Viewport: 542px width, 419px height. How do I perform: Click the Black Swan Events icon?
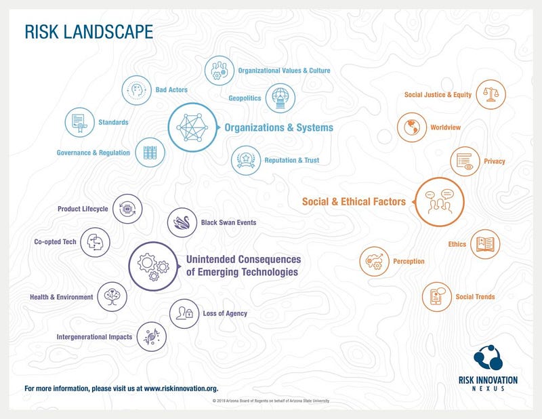(x=182, y=222)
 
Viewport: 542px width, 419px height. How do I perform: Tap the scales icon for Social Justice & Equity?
(x=491, y=94)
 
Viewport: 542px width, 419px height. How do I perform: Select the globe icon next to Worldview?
(x=412, y=127)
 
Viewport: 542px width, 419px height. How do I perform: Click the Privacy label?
(x=495, y=161)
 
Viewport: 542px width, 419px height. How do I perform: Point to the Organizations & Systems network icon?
(x=192, y=127)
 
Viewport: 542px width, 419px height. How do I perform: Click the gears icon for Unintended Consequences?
(x=154, y=266)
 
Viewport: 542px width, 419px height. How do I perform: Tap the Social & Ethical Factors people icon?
(x=439, y=202)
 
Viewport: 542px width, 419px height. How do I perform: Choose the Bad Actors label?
(x=171, y=89)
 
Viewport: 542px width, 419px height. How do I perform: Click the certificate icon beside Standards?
(x=79, y=123)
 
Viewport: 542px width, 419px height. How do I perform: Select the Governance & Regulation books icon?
(x=150, y=153)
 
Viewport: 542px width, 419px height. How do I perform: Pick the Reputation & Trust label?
(x=292, y=160)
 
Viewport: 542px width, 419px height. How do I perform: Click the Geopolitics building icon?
(x=280, y=98)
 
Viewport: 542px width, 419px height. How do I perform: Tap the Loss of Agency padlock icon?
(x=184, y=313)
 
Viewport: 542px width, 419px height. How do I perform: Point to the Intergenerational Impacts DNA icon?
(x=151, y=337)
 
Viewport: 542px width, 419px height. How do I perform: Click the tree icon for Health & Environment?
(x=112, y=296)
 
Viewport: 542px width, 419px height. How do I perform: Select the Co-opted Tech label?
(x=55, y=242)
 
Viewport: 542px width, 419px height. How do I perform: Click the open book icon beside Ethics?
(x=485, y=244)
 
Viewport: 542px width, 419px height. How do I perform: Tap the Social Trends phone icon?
(x=437, y=297)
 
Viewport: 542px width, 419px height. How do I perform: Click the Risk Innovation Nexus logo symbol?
(x=488, y=357)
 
